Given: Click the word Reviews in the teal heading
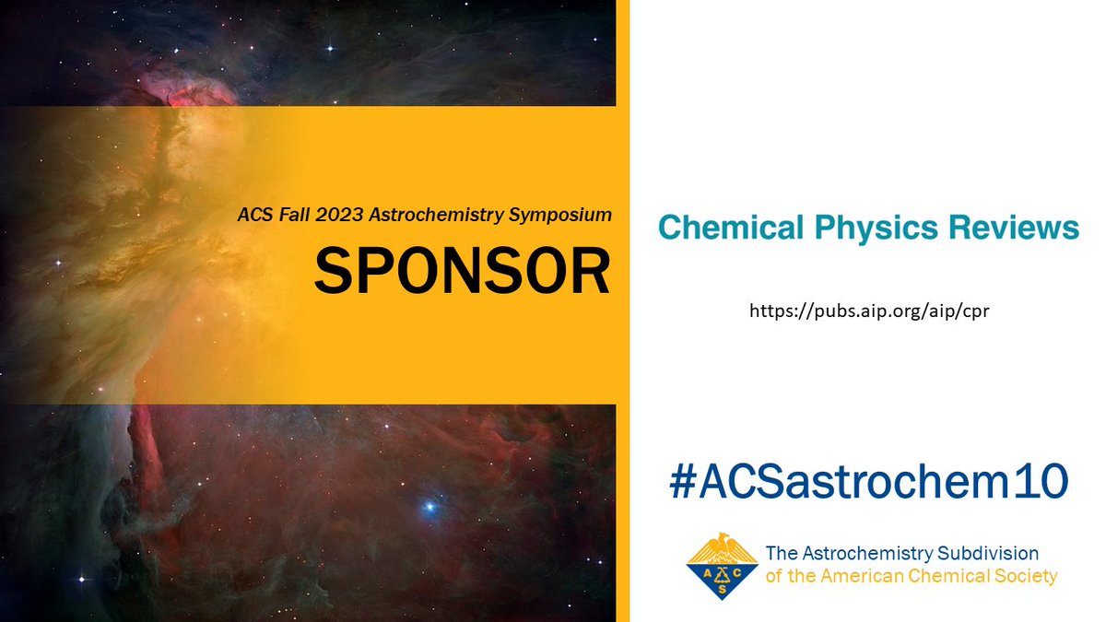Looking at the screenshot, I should coord(1014,228).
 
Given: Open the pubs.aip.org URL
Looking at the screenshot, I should coord(869,312).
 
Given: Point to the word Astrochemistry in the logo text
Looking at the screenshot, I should coord(863,554).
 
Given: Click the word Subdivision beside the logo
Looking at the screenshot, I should coord(987,554).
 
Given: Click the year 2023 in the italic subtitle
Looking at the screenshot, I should coord(329,215).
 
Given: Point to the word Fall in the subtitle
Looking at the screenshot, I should coord(282,215).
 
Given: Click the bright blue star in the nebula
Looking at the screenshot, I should coord(429,508).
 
